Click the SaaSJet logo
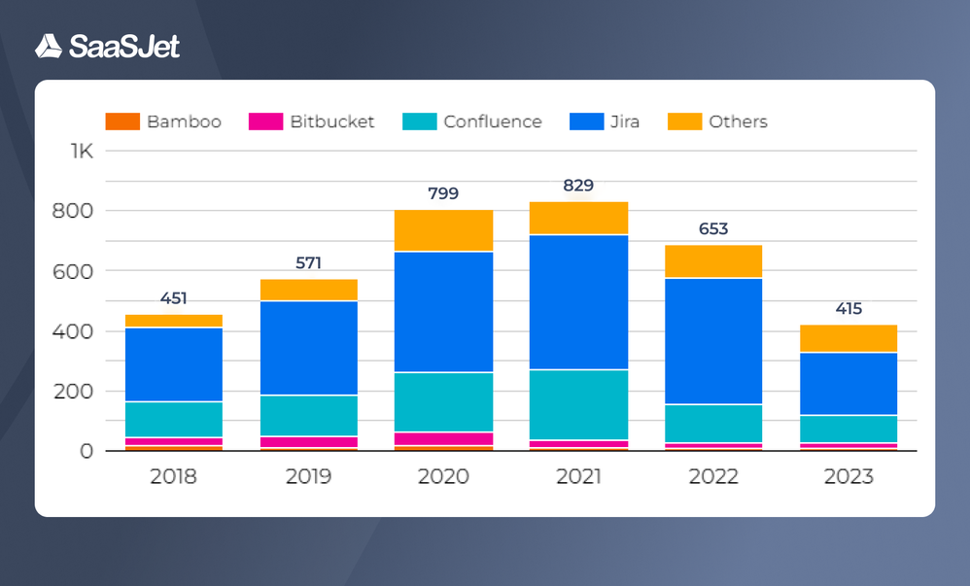click(107, 46)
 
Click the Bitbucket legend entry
click(312, 121)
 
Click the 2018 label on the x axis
click(174, 477)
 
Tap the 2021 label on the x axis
click(578, 477)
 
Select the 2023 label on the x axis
click(849, 477)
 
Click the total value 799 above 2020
click(443, 193)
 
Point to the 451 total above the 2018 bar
click(174, 298)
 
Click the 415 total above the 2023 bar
click(849, 309)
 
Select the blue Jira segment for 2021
click(579, 302)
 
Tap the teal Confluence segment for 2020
click(444, 402)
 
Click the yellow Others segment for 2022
click(714, 261)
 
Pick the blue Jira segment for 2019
click(309, 348)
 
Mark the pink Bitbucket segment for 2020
click(444, 439)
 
